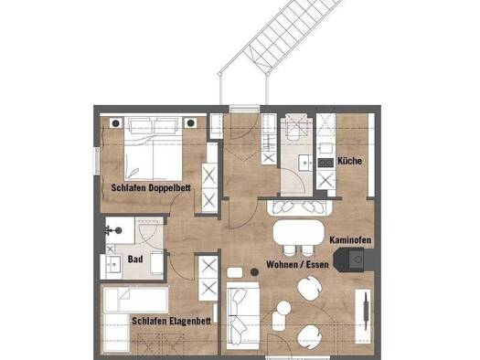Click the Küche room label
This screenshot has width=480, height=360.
coord(349,161)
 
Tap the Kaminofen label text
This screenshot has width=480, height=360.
coord(350,240)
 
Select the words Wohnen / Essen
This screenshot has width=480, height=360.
coord(297,265)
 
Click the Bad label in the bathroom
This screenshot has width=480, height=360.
coord(135,259)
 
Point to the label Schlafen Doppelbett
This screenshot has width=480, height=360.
coord(151,187)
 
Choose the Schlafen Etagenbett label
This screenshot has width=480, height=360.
coord(172,321)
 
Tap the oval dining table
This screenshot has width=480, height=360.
coord(298,232)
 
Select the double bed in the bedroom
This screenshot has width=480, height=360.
coord(153,148)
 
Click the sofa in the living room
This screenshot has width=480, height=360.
coord(243,315)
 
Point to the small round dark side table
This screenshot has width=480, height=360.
coord(254,272)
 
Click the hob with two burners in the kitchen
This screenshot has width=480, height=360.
coord(325,163)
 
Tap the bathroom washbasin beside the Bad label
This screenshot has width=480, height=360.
coord(114,264)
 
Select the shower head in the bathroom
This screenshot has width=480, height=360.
coord(116,230)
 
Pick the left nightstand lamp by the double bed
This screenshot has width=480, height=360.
coord(116,123)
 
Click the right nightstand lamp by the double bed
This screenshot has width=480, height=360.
coord(191,123)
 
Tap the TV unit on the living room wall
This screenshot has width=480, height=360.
coord(363,315)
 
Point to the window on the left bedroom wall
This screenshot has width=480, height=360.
coord(97,162)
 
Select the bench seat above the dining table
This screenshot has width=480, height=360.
coord(300,207)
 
